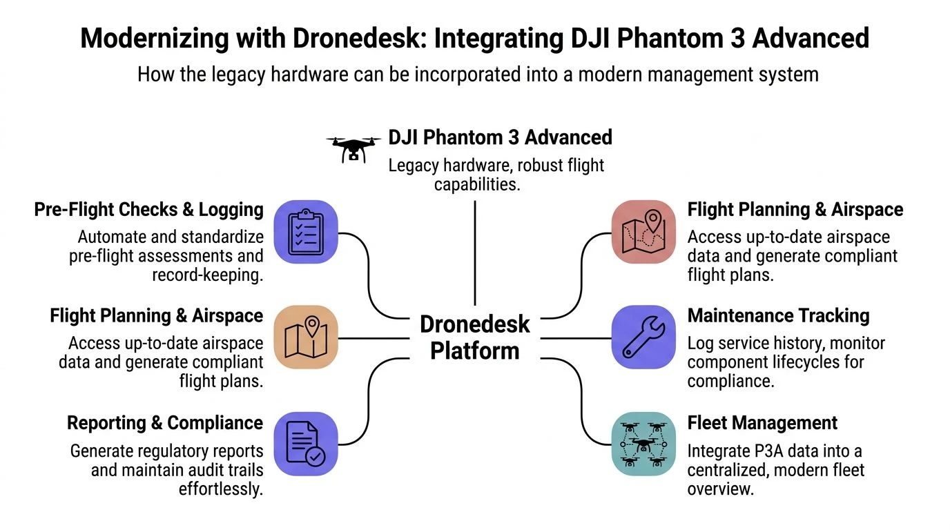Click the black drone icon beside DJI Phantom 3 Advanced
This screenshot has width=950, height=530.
point(353,147)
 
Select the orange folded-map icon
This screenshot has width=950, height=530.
point(306,337)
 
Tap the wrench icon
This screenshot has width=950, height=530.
point(643,337)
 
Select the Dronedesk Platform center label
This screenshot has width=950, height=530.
point(474,337)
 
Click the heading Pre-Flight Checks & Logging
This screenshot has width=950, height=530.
point(149,210)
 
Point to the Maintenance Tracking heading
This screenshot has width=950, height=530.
point(778,316)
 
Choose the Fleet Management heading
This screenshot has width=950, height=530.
point(762,422)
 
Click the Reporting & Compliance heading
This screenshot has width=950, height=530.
point(165,422)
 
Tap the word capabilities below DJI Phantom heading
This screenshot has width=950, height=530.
point(476,185)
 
